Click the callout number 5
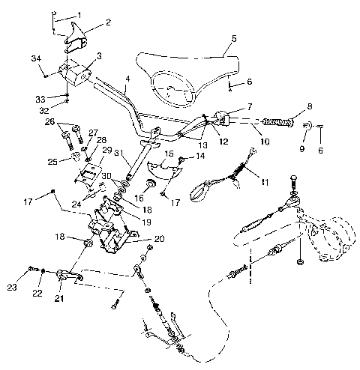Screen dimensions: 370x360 tap(233, 37)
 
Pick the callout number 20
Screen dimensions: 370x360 tap(160, 240)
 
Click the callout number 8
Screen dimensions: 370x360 tap(310, 107)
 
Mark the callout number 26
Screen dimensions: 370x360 tap(50, 121)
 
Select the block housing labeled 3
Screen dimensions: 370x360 tap(75, 73)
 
